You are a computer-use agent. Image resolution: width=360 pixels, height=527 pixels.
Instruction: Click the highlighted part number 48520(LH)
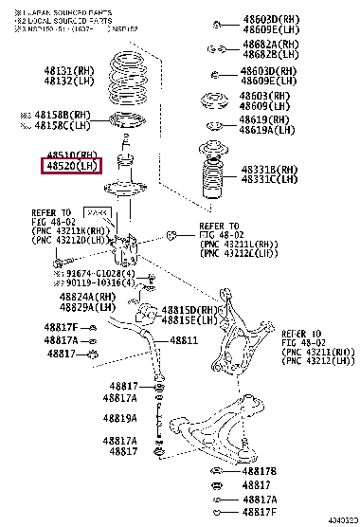[69, 167]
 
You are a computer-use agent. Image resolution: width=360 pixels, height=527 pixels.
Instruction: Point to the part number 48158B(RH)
[72, 114]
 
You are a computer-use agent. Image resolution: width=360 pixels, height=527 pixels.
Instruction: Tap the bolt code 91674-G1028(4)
[100, 273]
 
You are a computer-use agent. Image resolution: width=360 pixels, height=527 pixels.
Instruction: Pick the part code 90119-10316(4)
[100, 282]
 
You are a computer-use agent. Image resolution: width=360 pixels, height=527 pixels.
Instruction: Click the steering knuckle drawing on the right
[242, 336]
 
